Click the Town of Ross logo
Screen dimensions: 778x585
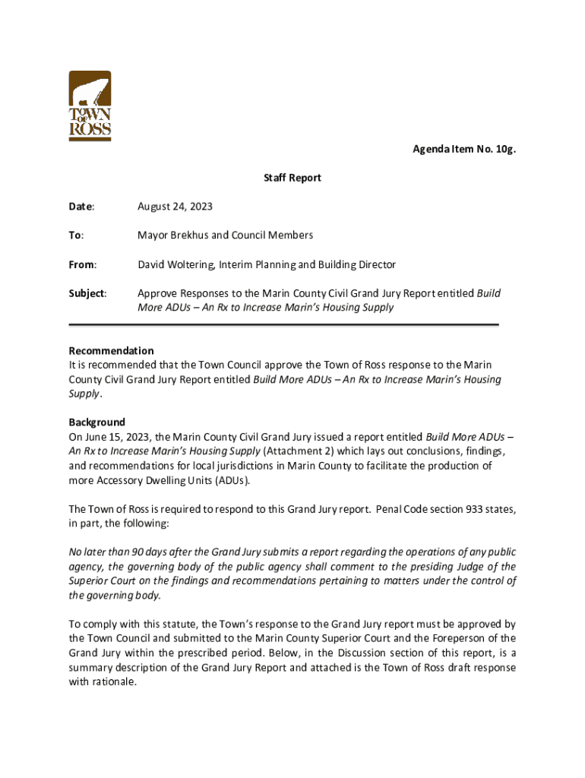tap(90, 106)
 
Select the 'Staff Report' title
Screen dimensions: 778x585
tap(292, 178)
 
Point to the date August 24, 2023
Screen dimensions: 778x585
tap(175, 207)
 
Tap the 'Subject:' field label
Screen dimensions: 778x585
tap(87, 293)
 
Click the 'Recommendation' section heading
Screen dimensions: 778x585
tap(111, 351)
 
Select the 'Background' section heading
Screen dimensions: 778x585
tap(96, 422)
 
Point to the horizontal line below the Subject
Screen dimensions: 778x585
tap(283, 324)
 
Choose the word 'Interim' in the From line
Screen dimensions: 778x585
tap(239, 264)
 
